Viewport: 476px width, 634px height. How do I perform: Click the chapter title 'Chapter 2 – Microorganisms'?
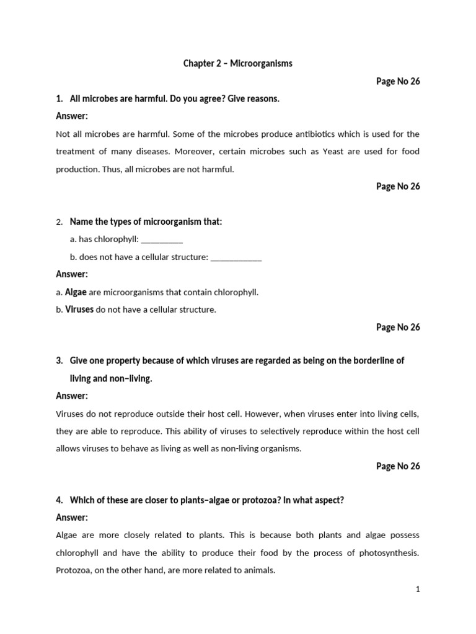point(238,64)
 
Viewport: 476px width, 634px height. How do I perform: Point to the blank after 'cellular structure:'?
point(236,257)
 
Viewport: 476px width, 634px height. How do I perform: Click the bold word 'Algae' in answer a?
point(76,292)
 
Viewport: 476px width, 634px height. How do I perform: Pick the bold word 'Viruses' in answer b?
point(79,310)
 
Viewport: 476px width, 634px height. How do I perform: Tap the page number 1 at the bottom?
point(418,589)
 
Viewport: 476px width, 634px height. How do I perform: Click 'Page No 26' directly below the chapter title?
point(398,81)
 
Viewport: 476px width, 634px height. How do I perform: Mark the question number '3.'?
point(60,360)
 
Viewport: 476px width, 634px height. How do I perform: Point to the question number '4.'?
point(60,500)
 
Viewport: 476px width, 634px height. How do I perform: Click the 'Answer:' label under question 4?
point(72,518)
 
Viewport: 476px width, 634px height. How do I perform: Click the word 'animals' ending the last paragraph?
point(259,570)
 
